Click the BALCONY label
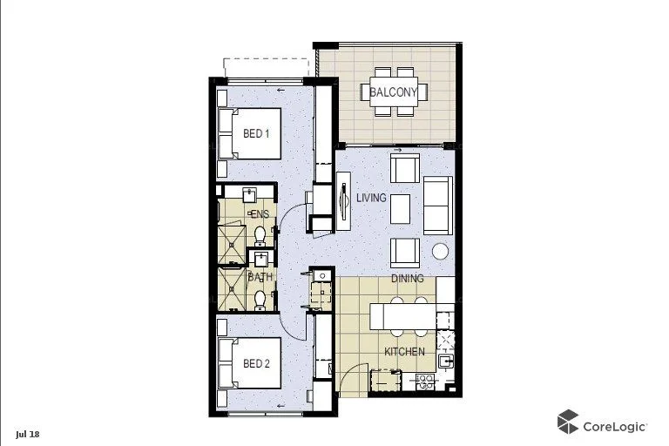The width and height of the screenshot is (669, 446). [394, 91]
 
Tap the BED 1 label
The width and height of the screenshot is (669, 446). [255, 133]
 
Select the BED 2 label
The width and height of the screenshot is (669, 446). [255, 362]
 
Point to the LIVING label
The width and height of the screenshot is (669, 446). [371, 198]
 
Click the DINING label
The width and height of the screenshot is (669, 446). [408, 279]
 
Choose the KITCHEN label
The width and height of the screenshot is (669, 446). [405, 352]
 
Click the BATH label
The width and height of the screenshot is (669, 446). [260, 277]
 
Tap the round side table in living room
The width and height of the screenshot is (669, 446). [441, 252]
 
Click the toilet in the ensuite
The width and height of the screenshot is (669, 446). [260, 235]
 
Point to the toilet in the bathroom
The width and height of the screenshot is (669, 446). [260, 299]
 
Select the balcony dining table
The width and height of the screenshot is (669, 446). [394, 91]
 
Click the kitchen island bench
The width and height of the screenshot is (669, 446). [401, 316]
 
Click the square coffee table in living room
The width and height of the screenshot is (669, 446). [400, 208]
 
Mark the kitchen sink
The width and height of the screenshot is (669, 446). [445, 361]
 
